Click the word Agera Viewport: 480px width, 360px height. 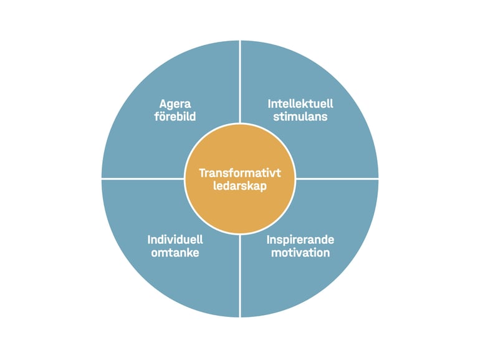click(175, 105)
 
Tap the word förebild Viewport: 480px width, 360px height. click(175, 117)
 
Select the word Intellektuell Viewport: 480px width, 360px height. click(300, 104)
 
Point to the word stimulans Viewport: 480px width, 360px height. click(300, 117)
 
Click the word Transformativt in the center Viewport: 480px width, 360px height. click(240, 173)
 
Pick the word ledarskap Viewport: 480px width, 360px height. click(240, 187)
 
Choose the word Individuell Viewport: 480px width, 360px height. click(175, 240)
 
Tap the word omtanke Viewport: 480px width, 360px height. click(175, 253)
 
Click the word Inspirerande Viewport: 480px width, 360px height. click(300, 240)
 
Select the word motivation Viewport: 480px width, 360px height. click(300, 253)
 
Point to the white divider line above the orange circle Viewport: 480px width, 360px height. click(240, 82)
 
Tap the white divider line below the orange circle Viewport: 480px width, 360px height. click(240, 276)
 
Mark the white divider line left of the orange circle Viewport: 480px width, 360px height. click(143, 178)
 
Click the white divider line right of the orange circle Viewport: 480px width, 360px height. click(337, 178)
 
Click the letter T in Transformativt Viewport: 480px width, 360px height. click(203, 173)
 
